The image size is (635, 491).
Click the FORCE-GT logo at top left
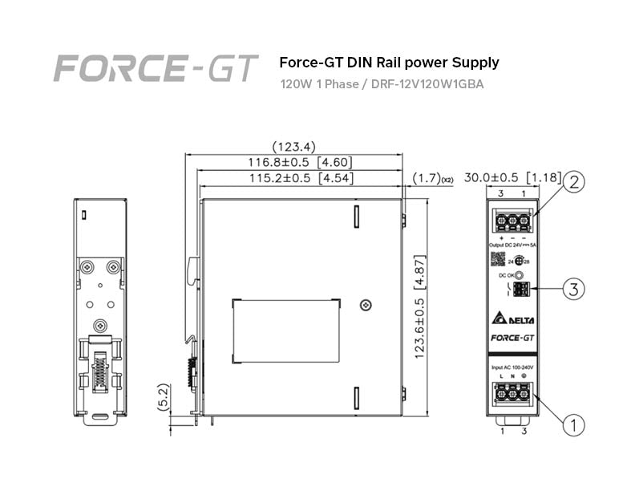pos(156,69)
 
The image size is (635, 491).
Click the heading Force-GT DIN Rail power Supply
pos(389,63)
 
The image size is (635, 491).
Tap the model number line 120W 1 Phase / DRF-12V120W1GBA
pos(382,83)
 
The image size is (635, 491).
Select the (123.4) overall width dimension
pos(293,147)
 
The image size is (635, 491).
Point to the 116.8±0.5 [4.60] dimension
pos(300,163)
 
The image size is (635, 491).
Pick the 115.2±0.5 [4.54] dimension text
pos(300,178)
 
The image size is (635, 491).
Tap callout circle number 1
pos(573,423)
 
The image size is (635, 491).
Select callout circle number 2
pos(573,183)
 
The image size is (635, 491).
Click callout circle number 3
pos(573,289)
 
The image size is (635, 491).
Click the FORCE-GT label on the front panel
pos(513,339)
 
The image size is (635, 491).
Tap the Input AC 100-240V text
pos(513,367)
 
